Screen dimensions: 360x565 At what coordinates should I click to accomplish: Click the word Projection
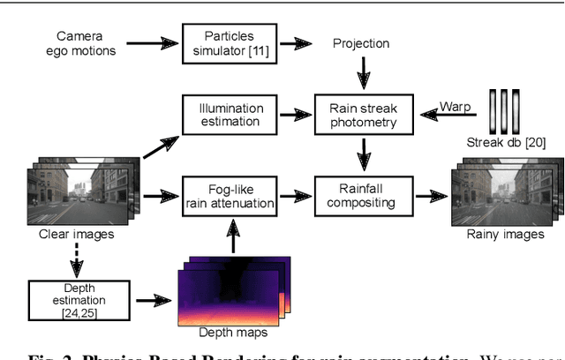click(361, 43)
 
